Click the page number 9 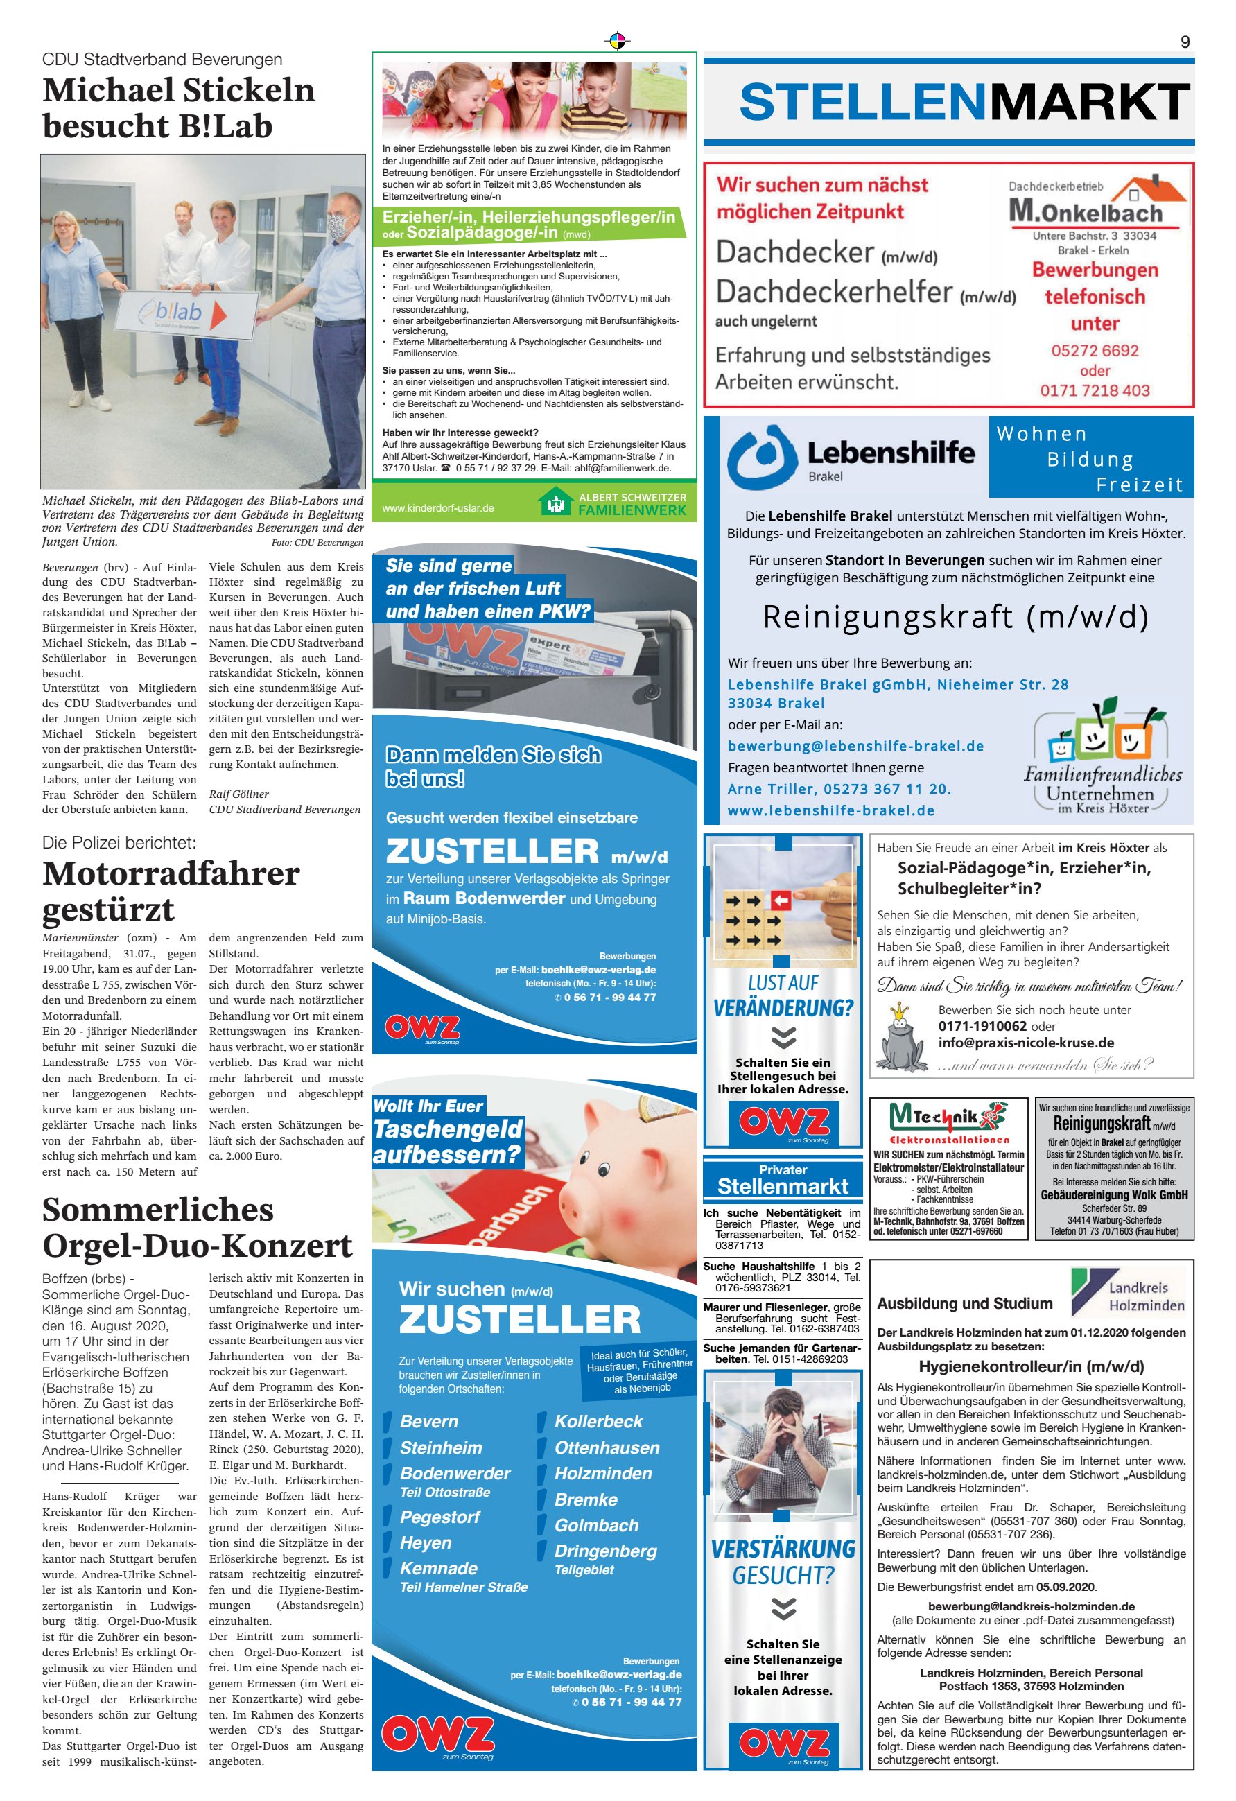pyautogui.click(x=1184, y=42)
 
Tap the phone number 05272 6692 pyautogui.click(x=1094, y=350)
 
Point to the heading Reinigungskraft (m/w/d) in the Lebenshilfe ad pyautogui.click(x=955, y=617)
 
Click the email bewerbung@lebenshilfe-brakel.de pyautogui.click(x=855, y=745)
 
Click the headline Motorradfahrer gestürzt pyautogui.click(x=171, y=891)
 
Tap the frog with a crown pyautogui.click(x=902, y=1038)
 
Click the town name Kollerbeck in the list pyautogui.click(x=598, y=1421)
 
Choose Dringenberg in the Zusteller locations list pyautogui.click(x=605, y=1551)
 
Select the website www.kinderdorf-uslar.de pyautogui.click(x=438, y=508)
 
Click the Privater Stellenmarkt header pyautogui.click(x=783, y=1179)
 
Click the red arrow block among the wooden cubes pyautogui.click(x=780, y=901)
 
